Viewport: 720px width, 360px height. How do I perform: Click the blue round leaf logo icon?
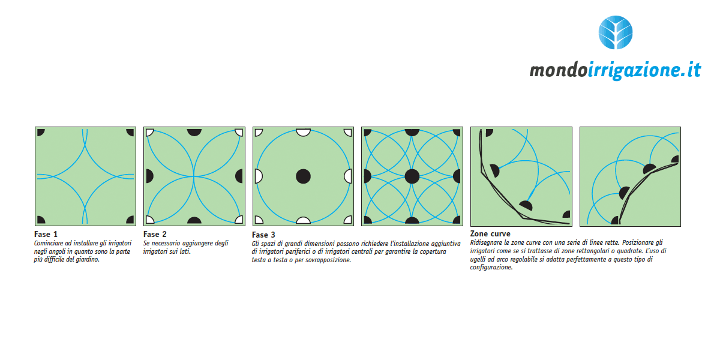[616, 32]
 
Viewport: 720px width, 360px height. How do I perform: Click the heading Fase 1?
[46, 235]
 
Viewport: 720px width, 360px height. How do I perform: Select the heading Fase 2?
[155, 235]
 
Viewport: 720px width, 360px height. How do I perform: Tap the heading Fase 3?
[263, 235]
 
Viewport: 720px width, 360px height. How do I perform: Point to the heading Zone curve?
[490, 233]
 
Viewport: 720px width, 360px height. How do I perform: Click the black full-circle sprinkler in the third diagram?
[303, 176]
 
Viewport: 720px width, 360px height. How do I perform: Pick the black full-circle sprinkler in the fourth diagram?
[412, 176]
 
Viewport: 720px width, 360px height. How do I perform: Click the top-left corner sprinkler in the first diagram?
[41, 132]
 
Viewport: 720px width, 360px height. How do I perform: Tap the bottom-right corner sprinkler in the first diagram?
[131, 220]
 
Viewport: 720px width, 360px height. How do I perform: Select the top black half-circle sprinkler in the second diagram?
[194, 132]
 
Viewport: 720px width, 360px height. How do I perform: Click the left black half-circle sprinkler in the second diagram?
[149, 176]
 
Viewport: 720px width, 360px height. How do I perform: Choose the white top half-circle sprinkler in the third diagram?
[303, 132]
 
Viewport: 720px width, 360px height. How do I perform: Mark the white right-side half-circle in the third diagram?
[348, 176]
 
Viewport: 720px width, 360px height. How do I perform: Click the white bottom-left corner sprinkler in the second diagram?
[149, 220]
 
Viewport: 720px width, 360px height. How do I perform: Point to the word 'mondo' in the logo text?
[559, 70]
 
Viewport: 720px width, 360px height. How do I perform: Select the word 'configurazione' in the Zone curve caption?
[491, 268]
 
